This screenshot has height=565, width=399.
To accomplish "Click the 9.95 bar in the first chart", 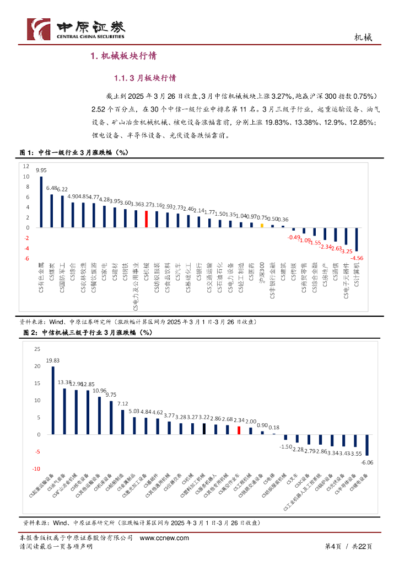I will point(41,202).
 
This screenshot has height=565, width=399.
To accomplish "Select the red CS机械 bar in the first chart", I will point(146,219).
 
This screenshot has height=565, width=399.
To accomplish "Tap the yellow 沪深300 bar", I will point(262,225).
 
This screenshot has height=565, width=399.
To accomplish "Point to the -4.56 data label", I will point(357,258).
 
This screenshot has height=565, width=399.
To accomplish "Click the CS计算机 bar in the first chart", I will point(357,239).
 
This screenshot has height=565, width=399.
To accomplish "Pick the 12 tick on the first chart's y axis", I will point(26,166).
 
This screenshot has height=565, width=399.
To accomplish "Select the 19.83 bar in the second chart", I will point(53,400).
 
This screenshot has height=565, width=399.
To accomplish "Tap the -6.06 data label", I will point(368,462).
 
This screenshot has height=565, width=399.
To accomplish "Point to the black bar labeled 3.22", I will point(204,429).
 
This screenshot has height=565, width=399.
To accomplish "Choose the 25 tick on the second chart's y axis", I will point(37,349).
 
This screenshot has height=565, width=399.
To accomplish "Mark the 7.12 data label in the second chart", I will point(123,404).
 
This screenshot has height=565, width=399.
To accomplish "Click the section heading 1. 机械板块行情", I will point(123,56).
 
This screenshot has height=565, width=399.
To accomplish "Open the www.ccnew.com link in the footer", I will point(164,538).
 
